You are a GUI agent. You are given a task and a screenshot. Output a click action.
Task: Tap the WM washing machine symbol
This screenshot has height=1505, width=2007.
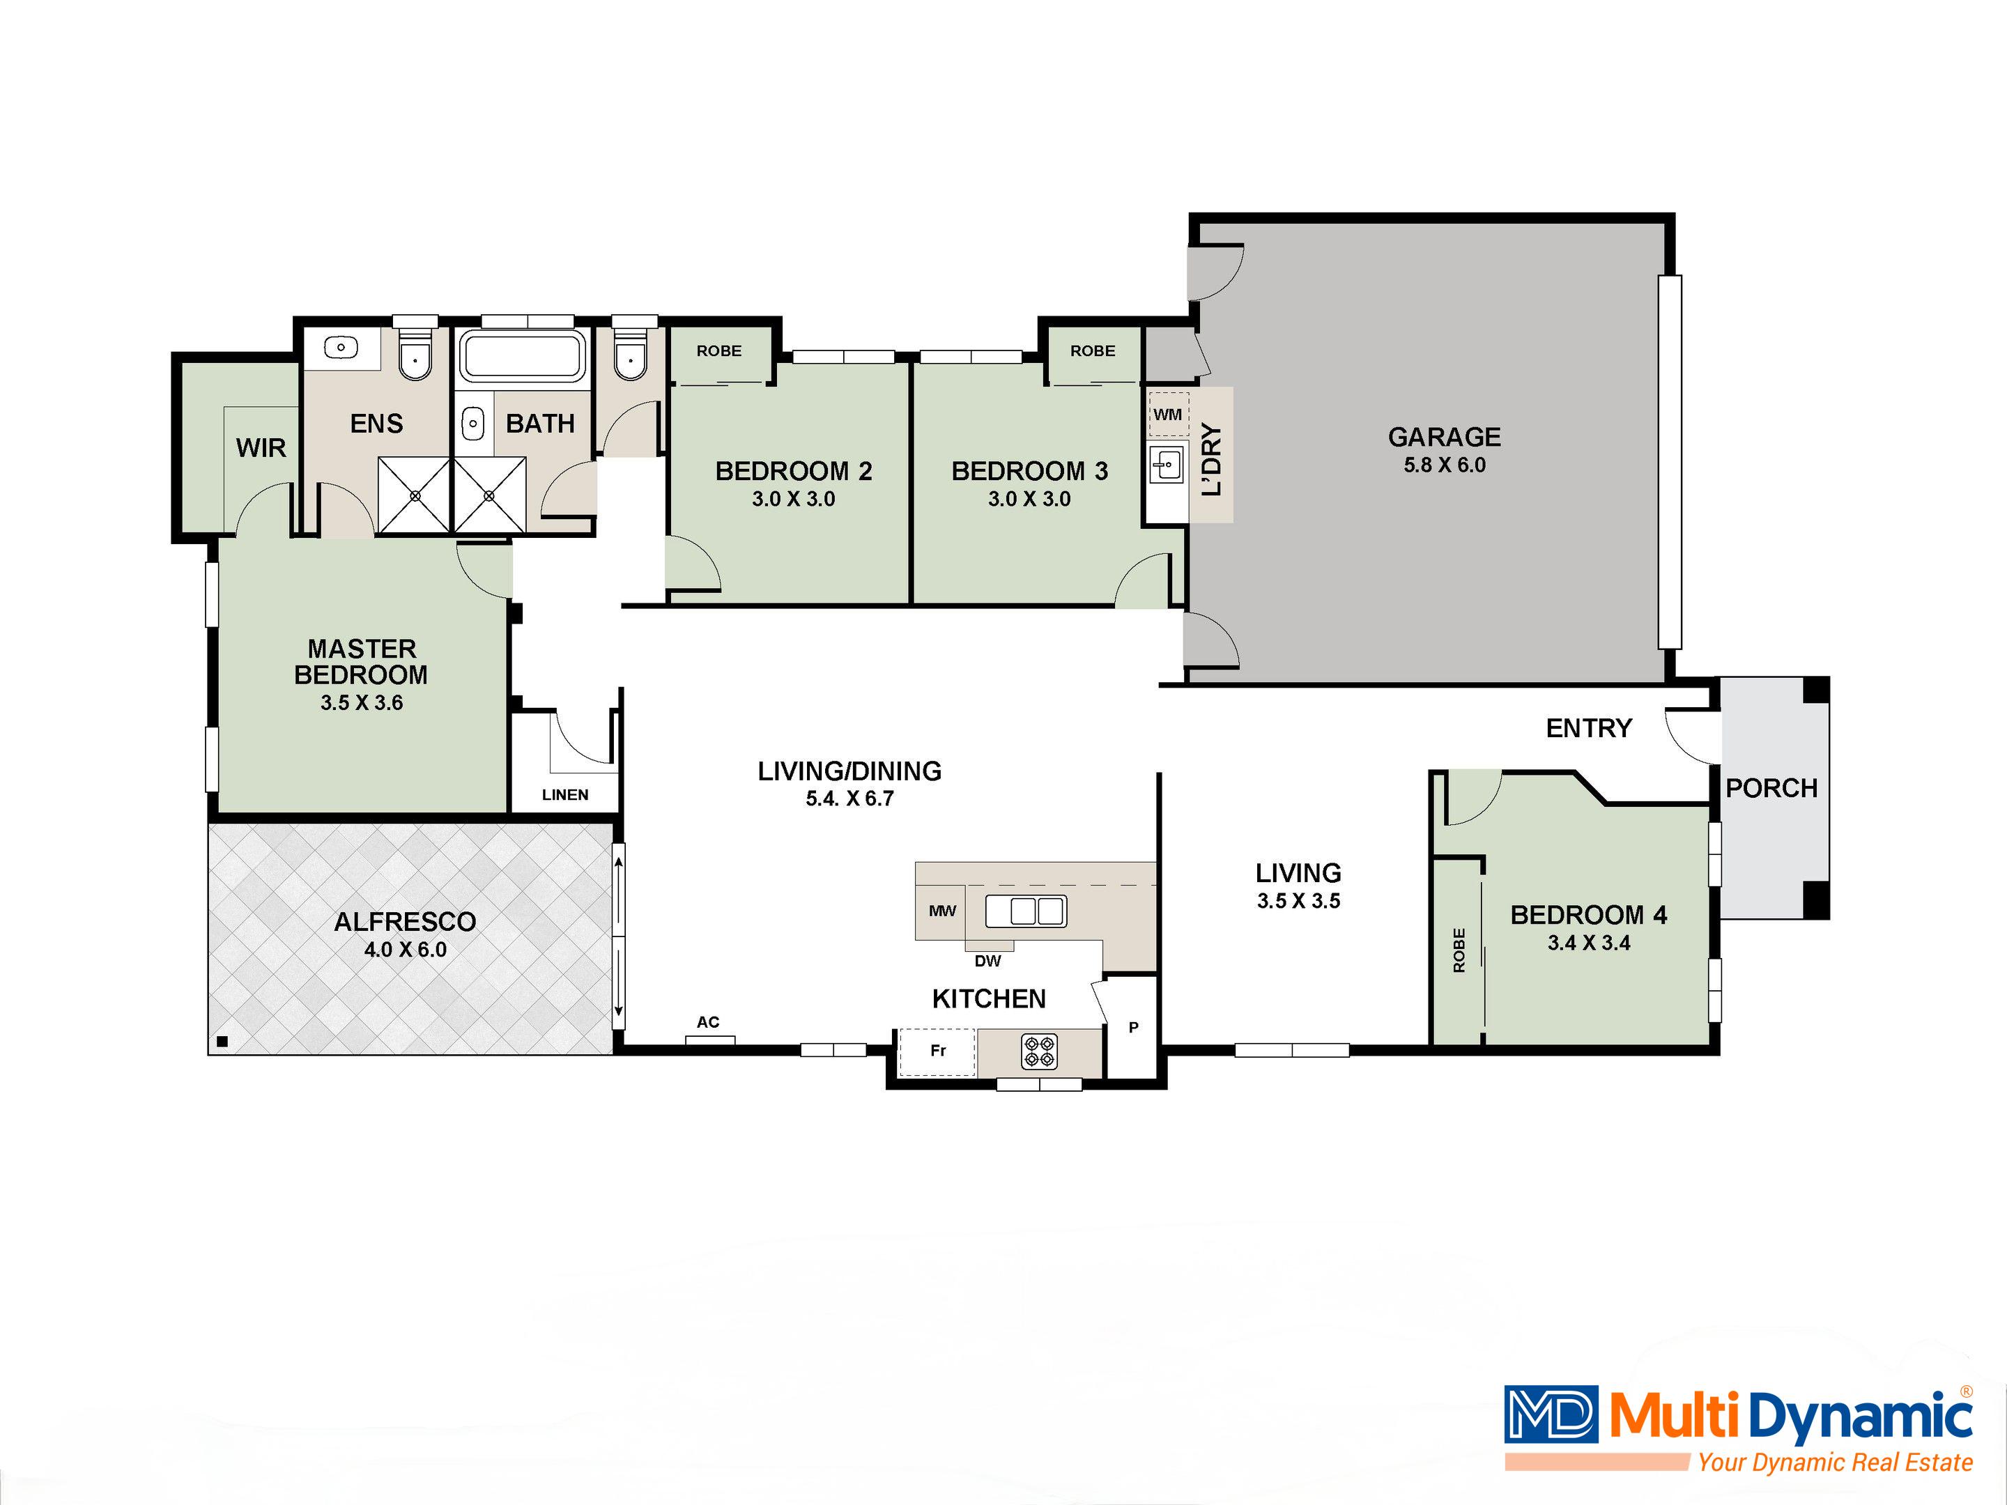[x=1168, y=415]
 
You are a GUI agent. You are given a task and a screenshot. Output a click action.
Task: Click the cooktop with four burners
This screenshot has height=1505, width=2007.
[x=1040, y=1051]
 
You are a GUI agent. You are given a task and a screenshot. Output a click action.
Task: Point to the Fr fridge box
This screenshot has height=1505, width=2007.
[x=937, y=1051]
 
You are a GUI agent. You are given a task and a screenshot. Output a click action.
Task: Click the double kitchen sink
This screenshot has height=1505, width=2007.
[x=1026, y=911]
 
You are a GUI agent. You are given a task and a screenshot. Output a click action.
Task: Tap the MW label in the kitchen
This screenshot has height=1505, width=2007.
[x=941, y=911]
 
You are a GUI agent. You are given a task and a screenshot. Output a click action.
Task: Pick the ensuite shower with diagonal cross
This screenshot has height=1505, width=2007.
[x=415, y=495]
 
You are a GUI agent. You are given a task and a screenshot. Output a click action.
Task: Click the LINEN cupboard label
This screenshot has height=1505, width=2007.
[x=564, y=795]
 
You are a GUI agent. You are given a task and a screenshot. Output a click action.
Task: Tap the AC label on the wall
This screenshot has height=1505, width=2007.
[x=708, y=1022]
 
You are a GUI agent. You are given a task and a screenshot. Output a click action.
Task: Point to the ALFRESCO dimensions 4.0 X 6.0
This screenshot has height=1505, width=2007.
[x=405, y=950]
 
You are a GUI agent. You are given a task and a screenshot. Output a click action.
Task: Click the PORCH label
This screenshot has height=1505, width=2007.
[x=1771, y=788]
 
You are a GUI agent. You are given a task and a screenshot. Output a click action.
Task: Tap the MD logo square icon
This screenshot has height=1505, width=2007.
[x=1551, y=1414]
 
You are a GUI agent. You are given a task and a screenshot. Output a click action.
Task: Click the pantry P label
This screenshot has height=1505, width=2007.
[x=1133, y=1028]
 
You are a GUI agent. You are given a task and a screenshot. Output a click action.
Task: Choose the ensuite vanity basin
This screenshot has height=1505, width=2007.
[x=341, y=346]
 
